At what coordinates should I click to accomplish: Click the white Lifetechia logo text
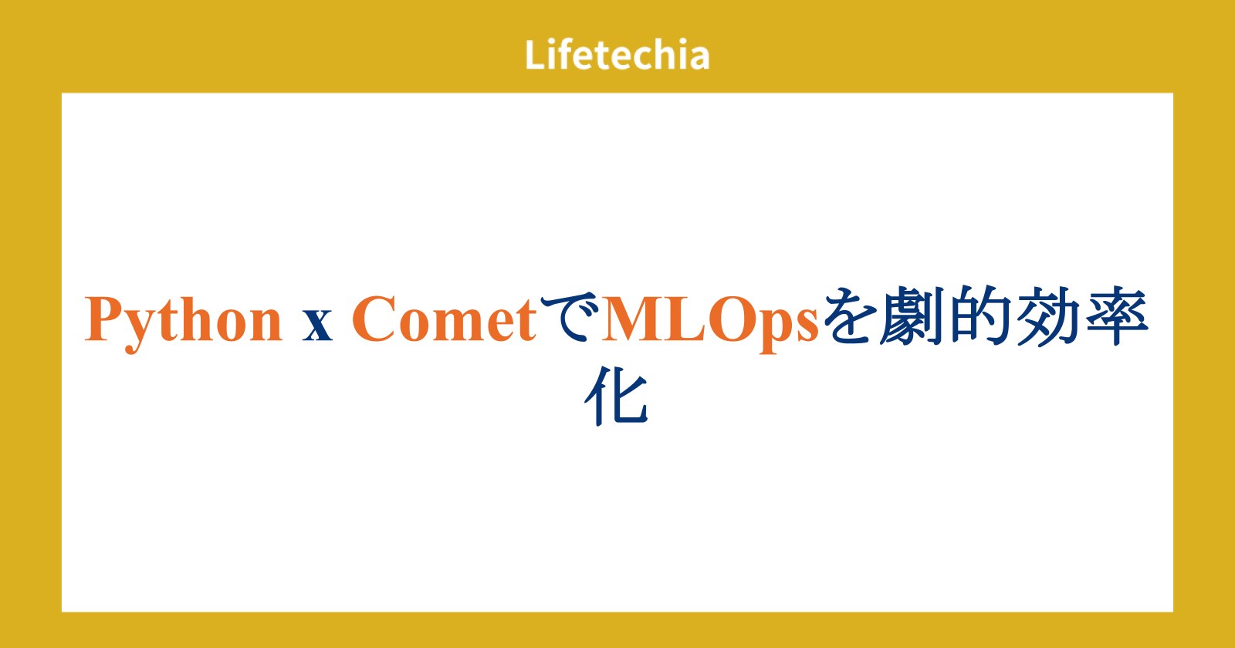tap(617, 55)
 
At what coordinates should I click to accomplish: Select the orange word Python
tap(183, 323)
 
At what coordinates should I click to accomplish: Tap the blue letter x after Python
tap(317, 328)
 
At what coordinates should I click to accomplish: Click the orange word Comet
tap(444, 319)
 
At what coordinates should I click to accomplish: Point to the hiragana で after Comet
tap(569, 316)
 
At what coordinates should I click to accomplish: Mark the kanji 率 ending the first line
tap(1117, 316)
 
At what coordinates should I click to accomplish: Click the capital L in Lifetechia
tap(536, 55)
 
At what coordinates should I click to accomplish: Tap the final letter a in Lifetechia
tap(699, 59)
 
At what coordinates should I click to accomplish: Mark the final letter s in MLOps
tap(807, 328)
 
